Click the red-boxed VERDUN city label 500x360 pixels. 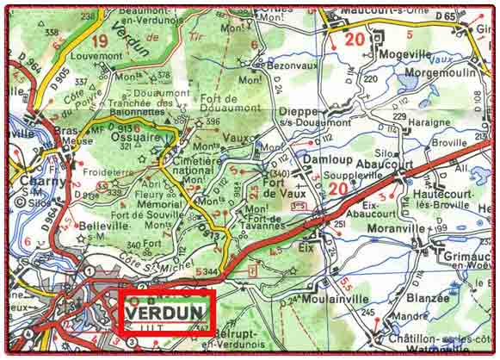167,312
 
